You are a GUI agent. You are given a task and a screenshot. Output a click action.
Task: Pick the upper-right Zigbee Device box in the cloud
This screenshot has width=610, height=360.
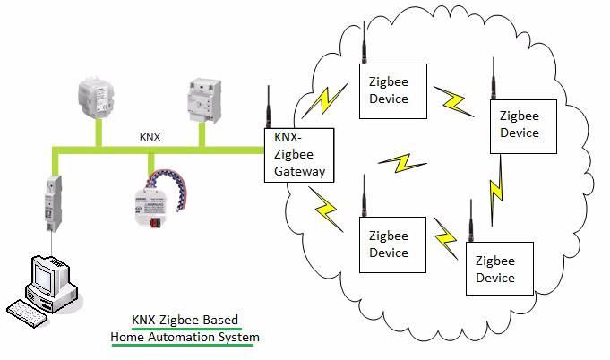click(519, 124)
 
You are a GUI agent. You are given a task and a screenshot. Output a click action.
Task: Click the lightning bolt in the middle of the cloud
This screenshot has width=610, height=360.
click(399, 165)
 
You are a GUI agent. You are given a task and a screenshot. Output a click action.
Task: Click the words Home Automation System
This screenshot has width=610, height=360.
click(185, 338)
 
